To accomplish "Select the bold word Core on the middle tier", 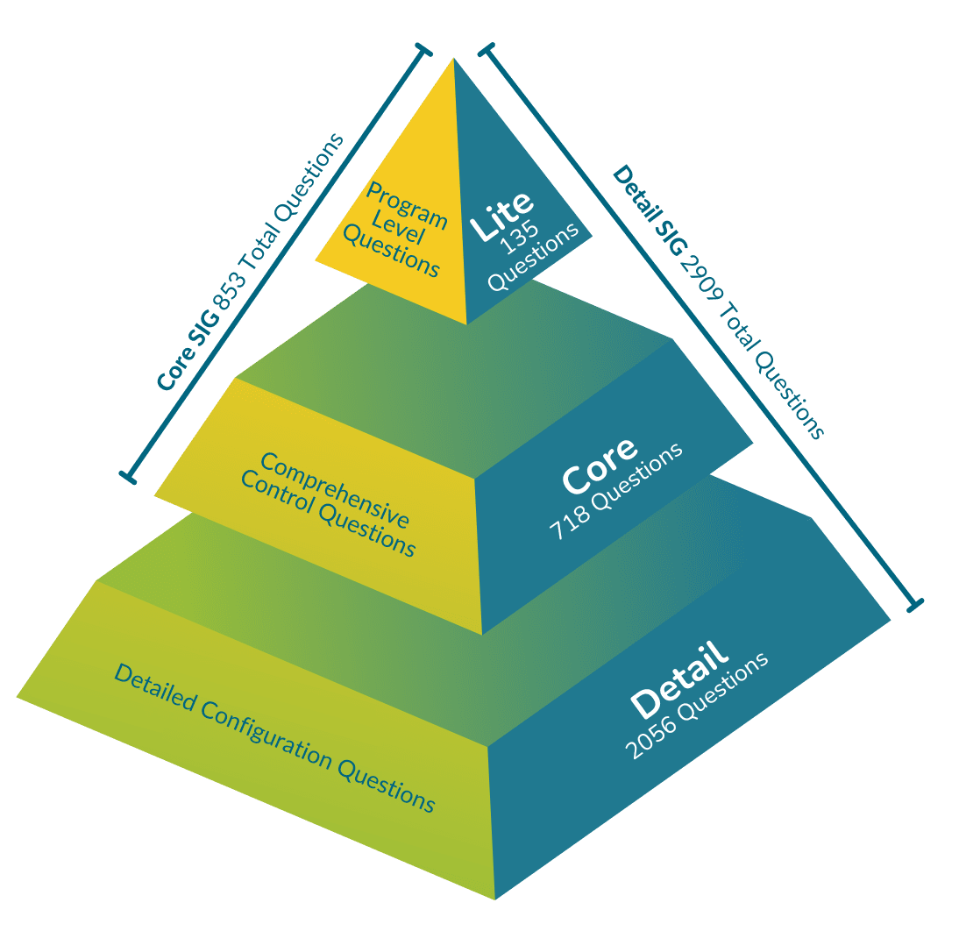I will [600, 465].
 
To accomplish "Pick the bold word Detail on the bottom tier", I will [679, 680].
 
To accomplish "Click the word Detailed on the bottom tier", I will [154, 686].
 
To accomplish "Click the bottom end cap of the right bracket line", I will [915, 604].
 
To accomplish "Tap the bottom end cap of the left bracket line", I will [128, 478].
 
